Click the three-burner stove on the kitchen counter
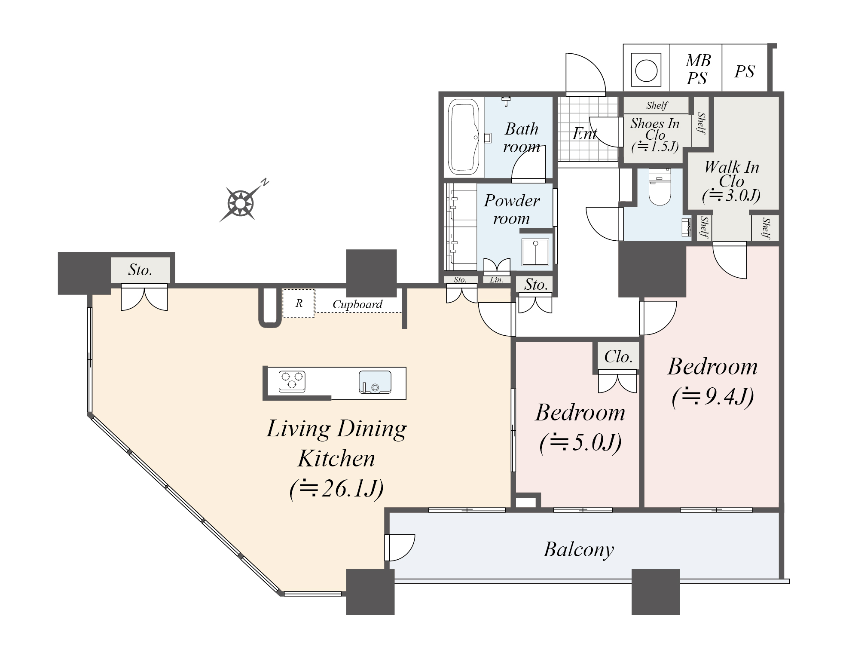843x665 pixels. (292, 381)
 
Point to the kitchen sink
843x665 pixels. (375, 382)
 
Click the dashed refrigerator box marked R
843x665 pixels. (299, 303)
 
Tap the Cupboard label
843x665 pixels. (357, 304)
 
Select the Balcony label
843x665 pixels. (579, 550)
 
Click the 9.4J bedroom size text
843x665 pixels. (713, 397)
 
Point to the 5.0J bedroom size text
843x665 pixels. (580, 443)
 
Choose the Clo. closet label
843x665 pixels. (618, 356)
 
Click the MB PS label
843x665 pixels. (698, 69)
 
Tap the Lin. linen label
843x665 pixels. (496, 280)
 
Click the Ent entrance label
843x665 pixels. (585, 134)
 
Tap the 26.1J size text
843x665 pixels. (337, 489)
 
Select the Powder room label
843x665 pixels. (512, 209)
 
